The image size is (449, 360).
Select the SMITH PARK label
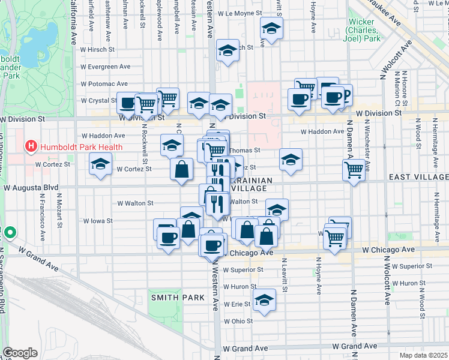pyautogui.click(x=169, y=297)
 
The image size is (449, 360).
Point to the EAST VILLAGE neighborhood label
pyautogui.click(x=418, y=176)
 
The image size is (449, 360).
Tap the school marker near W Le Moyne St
pyautogui.click(x=271, y=29)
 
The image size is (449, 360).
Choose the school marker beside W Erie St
pyautogui.click(x=264, y=301)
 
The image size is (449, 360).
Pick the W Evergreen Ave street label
pyautogui.click(x=109, y=67)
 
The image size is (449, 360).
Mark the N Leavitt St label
pyautogui.click(x=285, y=276)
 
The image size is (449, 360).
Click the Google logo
pyautogui.click(x=20, y=353)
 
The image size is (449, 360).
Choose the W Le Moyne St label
pyautogui.click(x=241, y=13)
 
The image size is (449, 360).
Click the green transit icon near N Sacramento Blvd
pyautogui.click(x=9, y=232)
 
